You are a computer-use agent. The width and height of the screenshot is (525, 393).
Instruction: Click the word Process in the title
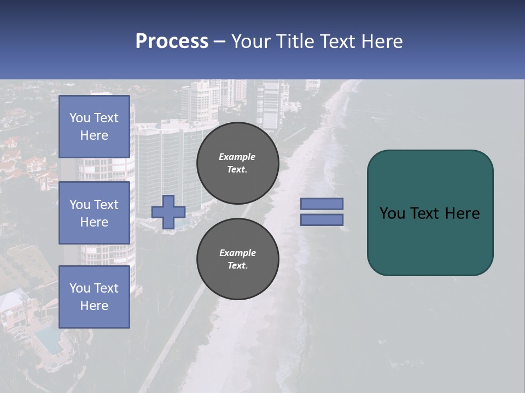(172, 41)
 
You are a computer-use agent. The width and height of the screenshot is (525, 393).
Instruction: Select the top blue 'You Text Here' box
(94, 127)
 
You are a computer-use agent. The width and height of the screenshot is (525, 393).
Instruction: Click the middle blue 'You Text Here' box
(94, 213)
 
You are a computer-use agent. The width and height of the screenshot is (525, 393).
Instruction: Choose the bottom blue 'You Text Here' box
(94, 297)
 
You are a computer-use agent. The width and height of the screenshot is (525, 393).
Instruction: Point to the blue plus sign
(168, 212)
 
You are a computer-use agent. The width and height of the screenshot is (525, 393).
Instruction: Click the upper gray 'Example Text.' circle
(237, 163)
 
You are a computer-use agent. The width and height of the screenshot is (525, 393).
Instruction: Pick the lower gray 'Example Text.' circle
(237, 259)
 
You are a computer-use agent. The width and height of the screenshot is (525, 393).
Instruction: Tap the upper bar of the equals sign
(322, 204)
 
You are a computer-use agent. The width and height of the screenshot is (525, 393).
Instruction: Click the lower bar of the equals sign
(322, 219)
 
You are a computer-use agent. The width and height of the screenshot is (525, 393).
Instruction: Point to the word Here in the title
(383, 41)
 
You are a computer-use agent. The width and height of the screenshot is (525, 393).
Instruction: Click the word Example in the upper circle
(237, 157)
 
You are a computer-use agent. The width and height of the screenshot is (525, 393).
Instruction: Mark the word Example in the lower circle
(237, 253)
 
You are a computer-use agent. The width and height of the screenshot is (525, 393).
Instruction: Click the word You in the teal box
(392, 213)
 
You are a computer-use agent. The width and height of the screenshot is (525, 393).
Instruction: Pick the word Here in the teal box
(462, 213)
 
